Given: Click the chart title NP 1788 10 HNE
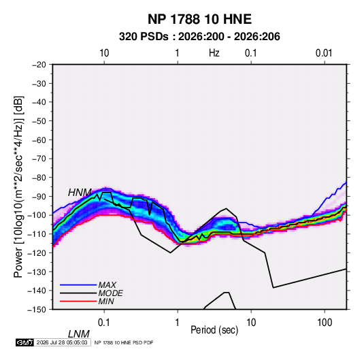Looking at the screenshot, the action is click(x=199, y=19).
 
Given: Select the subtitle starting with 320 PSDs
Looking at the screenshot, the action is click(x=199, y=37).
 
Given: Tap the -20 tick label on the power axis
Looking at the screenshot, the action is click(x=39, y=65).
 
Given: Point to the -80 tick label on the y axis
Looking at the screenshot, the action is click(x=39, y=178).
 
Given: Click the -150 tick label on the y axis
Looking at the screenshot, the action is click(x=37, y=310).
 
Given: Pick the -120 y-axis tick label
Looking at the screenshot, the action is click(x=37, y=252).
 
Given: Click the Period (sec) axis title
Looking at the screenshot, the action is click(x=214, y=330).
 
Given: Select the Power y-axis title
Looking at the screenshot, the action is click(x=18, y=187).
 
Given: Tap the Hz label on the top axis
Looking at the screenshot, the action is click(x=214, y=53).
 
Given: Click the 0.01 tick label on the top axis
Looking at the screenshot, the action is click(x=324, y=53).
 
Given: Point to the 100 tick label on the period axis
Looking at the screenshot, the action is click(x=325, y=323).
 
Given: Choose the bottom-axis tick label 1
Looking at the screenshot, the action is click(x=178, y=323).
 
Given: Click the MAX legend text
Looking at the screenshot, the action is click(x=107, y=284).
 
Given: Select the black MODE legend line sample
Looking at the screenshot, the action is click(x=78, y=293).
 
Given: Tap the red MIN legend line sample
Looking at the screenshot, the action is click(x=78, y=301).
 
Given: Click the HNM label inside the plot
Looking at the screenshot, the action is click(x=80, y=193).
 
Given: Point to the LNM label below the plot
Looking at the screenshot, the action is click(x=79, y=334).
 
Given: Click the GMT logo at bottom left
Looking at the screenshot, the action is click(x=24, y=342).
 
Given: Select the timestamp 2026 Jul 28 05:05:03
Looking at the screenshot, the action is click(x=62, y=342).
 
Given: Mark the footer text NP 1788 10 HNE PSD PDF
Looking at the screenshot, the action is click(x=124, y=342).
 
